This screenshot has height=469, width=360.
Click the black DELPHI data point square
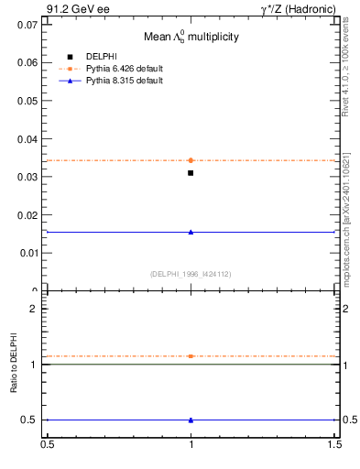click(x=191, y=172)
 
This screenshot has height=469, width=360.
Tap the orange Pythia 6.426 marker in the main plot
click(x=191, y=160)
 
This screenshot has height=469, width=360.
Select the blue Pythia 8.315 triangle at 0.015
click(x=191, y=232)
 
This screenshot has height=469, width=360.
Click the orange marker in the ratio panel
click(x=191, y=355)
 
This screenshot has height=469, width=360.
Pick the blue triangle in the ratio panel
click(x=191, y=420)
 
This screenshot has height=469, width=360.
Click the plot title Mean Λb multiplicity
click(x=190, y=38)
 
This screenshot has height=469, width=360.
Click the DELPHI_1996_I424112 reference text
click(x=190, y=273)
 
